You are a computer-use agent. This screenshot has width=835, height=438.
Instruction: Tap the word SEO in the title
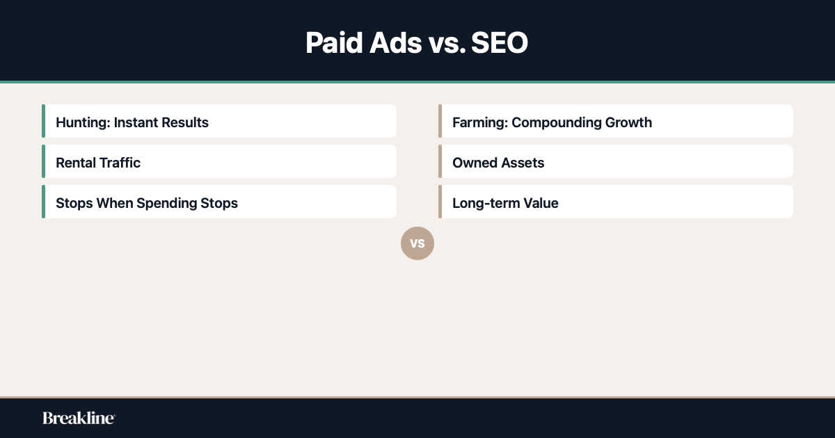500,43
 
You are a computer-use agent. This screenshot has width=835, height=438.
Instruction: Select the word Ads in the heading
395,43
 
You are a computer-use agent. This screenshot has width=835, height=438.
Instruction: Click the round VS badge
417,243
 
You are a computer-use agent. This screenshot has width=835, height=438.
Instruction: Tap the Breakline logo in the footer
79,418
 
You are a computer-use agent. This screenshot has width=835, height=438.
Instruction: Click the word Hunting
82,123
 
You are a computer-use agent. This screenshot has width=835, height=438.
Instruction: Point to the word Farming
480,123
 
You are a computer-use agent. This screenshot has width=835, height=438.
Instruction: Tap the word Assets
522,163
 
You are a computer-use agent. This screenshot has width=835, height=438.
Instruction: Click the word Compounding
557,123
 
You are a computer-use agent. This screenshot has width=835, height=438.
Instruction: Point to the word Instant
136,122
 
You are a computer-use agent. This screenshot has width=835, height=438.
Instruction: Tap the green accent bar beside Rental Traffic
43,161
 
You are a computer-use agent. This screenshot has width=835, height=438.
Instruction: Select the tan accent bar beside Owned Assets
440,161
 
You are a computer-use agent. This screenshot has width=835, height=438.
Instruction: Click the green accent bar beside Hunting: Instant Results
43,121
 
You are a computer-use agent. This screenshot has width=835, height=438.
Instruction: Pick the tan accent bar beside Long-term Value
440,202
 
